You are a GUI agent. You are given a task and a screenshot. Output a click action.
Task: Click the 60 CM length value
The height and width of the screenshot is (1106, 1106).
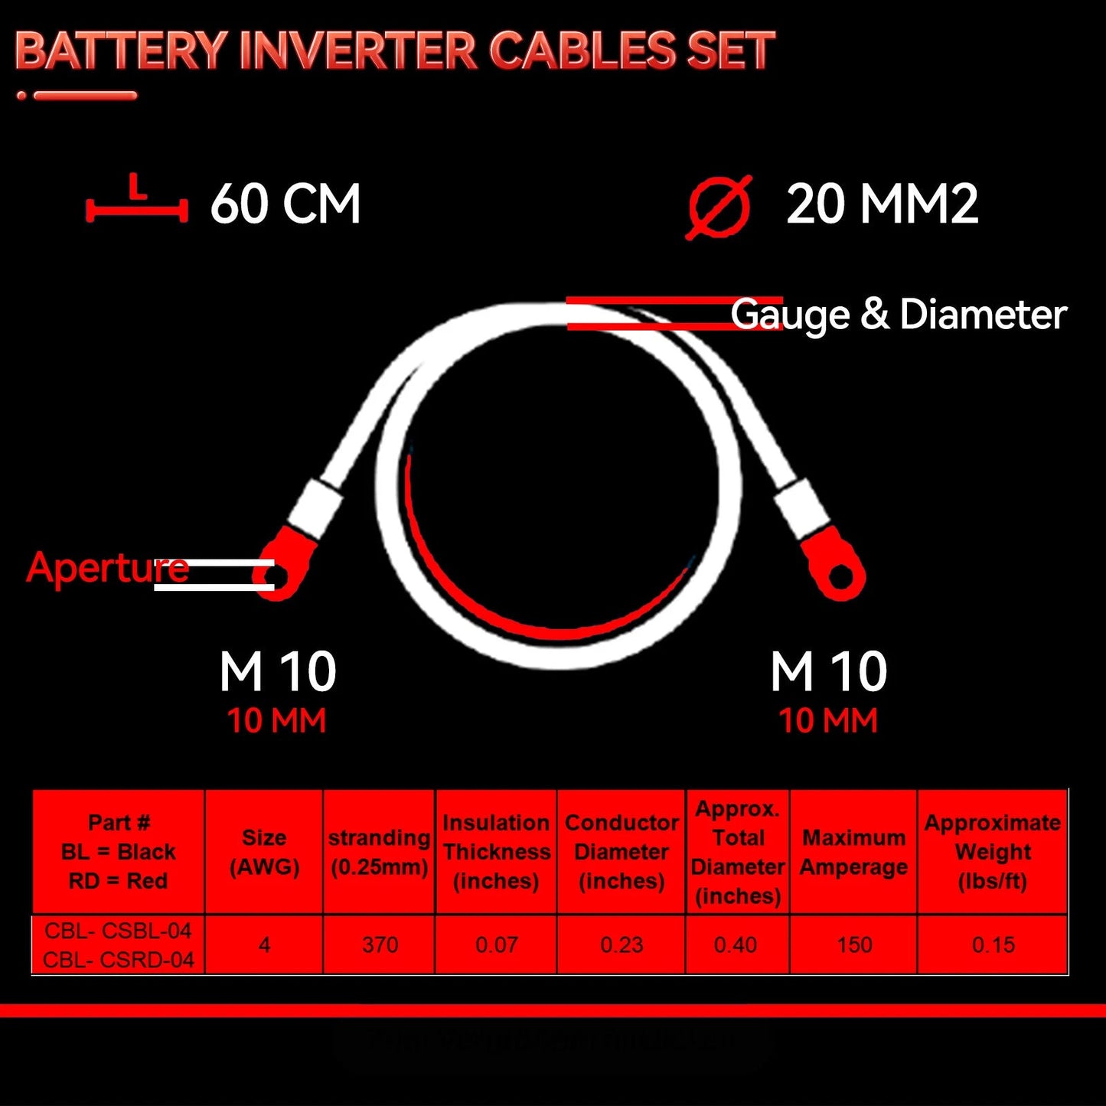click(x=285, y=204)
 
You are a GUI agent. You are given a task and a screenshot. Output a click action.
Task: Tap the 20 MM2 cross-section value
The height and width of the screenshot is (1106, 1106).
click(x=882, y=204)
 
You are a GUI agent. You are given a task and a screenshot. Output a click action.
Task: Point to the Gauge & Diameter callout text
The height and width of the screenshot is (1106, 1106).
click(x=899, y=315)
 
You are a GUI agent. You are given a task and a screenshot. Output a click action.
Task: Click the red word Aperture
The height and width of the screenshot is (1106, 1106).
click(x=107, y=568)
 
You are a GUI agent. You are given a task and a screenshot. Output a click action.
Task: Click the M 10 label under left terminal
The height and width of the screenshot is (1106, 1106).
click(x=277, y=671)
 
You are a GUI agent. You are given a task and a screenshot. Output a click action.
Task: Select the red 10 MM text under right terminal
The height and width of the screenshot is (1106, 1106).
click(x=827, y=720)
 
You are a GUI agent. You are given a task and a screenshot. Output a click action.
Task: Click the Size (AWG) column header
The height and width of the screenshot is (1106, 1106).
click(x=264, y=852)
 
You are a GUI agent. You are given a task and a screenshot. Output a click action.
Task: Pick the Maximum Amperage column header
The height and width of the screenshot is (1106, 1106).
click(x=853, y=852)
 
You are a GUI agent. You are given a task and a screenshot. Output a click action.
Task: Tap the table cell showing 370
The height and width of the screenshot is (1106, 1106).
click(x=380, y=945)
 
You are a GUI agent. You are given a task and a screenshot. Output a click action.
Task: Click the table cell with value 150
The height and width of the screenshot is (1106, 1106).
click(x=854, y=945)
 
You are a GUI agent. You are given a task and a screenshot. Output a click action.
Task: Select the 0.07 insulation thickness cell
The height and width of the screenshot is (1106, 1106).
click(x=497, y=945)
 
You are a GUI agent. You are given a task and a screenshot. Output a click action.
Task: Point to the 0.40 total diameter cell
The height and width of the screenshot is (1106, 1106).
click(x=736, y=945)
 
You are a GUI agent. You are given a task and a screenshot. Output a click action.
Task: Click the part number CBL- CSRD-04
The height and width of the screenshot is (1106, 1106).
click(x=119, y=960)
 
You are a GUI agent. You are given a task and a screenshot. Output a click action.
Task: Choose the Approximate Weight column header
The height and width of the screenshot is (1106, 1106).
click(x=993, y=852)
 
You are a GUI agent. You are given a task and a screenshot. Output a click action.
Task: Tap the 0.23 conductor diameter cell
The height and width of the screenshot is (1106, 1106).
click(x=622, y=945)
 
